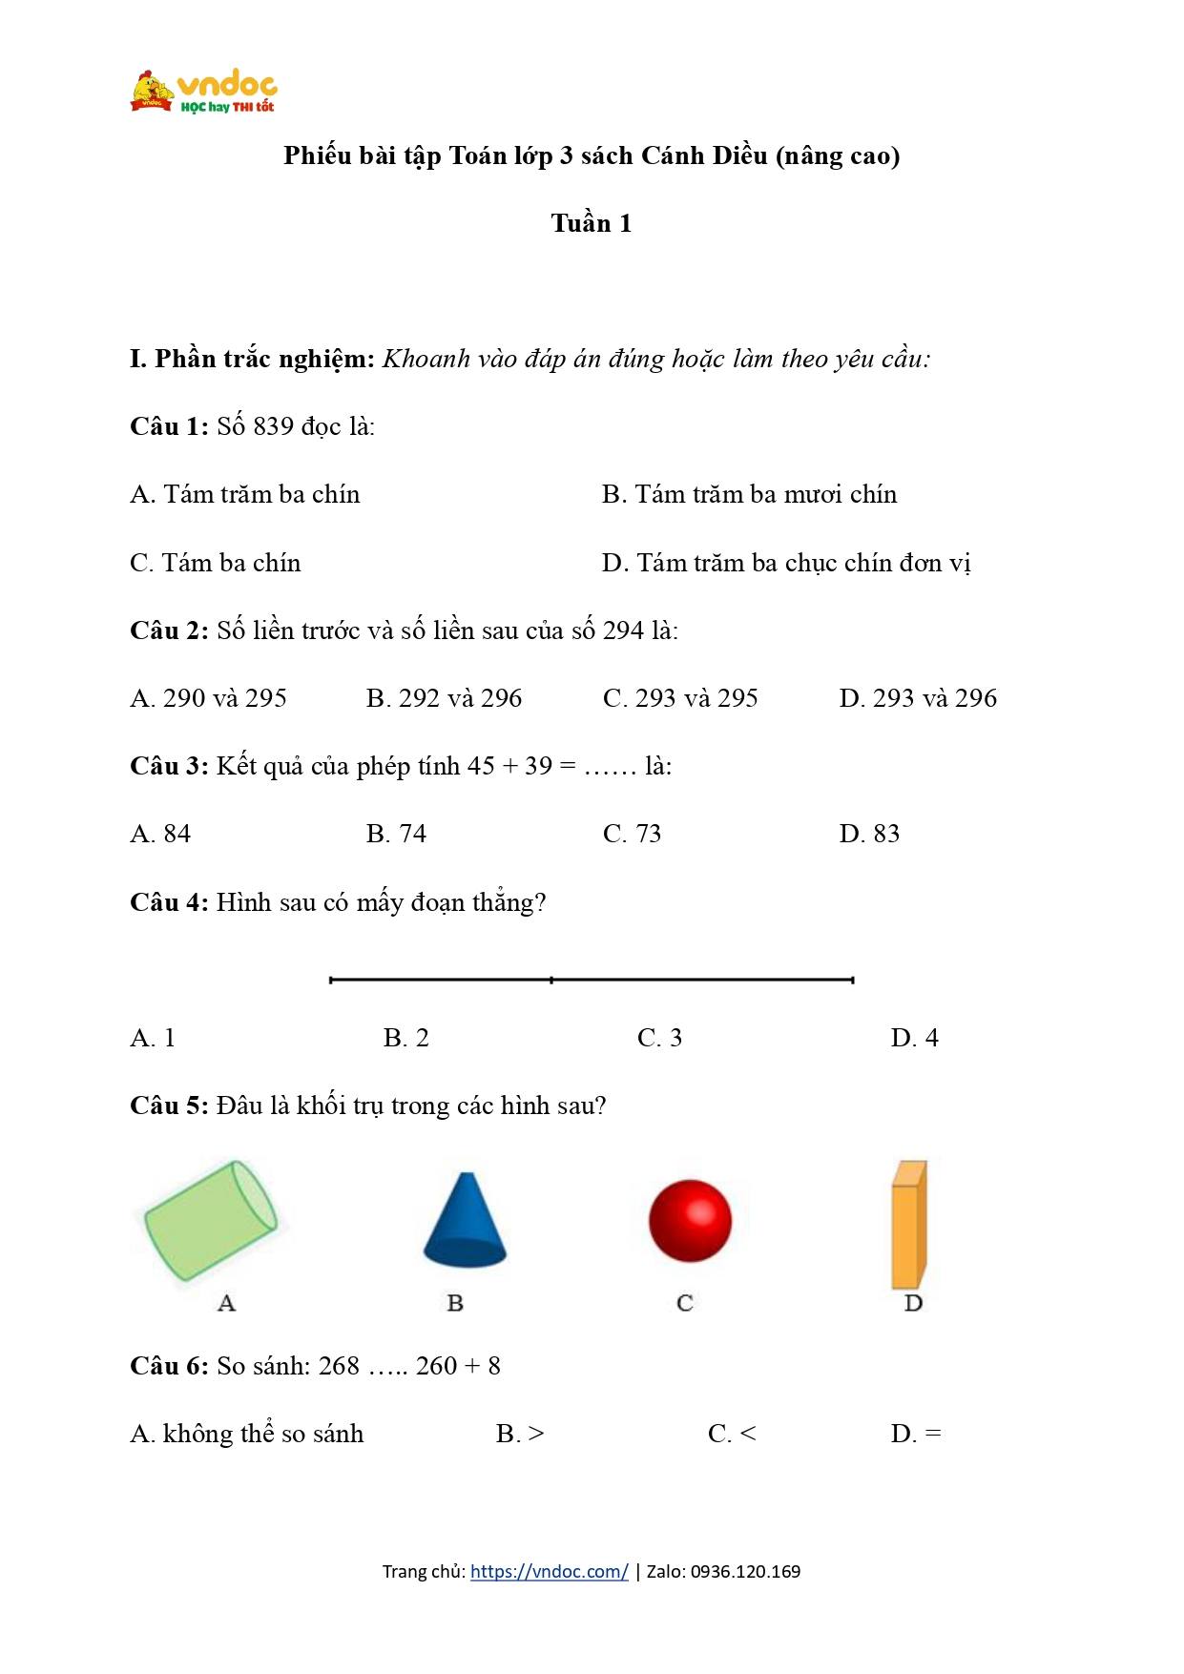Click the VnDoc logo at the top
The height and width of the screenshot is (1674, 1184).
(203, 92)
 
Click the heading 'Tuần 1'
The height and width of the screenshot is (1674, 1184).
(591, 223)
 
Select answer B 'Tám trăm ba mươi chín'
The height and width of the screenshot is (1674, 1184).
(749, 494)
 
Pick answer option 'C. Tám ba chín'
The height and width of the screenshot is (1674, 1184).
(216, 563)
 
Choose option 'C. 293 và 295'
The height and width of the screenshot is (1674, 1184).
(680, 698)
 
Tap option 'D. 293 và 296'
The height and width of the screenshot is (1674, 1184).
(918, 698)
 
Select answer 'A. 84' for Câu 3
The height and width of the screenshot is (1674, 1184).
(160, 834)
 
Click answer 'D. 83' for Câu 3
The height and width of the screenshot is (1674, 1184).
(869, 834)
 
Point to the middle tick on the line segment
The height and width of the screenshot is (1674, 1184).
(551, 980)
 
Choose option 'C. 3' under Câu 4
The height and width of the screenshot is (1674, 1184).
(659, 1038)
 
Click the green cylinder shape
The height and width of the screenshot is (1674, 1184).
(211, 1221)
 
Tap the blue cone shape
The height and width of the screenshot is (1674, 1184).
(465, 1221)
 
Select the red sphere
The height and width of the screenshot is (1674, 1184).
(690, 1221)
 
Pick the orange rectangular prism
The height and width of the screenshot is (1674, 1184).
(908, 1225)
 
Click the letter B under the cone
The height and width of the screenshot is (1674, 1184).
(455, 1303)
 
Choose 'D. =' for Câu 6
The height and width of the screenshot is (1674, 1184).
(916, 1434)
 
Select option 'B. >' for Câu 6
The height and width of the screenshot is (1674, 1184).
(520, 1434)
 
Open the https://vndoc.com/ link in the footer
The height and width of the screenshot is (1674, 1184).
(549, 1572)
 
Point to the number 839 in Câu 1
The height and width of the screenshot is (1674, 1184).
(273, 426)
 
